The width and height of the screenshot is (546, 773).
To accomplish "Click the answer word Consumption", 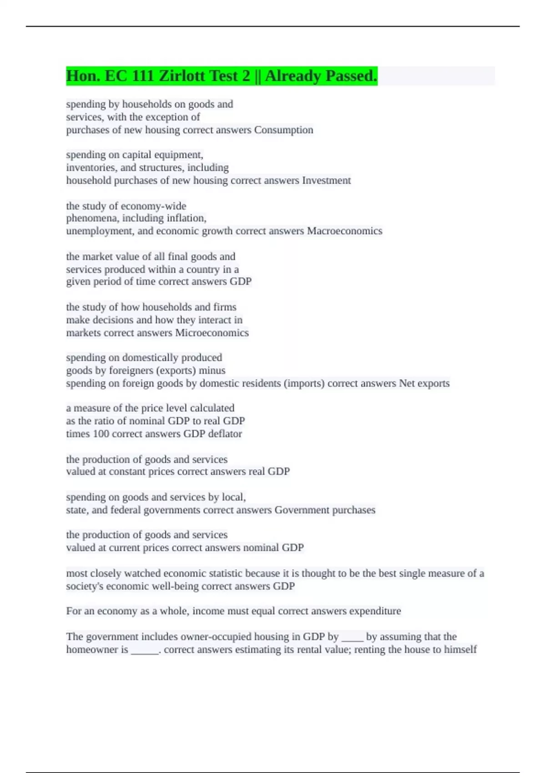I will click(x=283, y=130).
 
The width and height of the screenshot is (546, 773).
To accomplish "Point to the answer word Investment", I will click(x=326, y=181).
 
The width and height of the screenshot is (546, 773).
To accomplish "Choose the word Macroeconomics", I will click(x=344, y=231).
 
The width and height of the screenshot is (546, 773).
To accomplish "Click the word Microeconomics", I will click(x=212, y=333).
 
